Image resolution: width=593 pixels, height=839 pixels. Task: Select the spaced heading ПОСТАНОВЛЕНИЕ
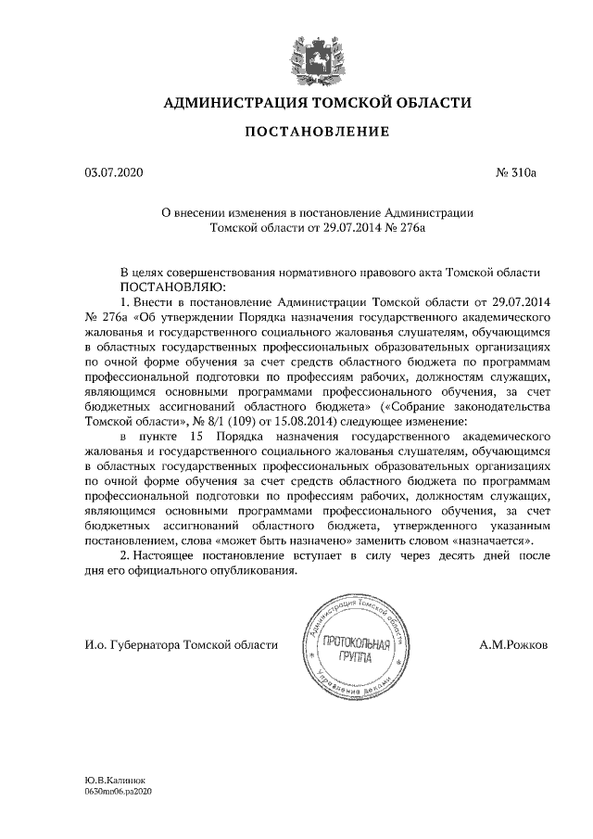tap(316, 133)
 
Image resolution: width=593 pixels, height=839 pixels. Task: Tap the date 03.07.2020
tap(109, 172)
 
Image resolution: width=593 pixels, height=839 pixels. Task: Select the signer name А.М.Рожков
tap(513, 643)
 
